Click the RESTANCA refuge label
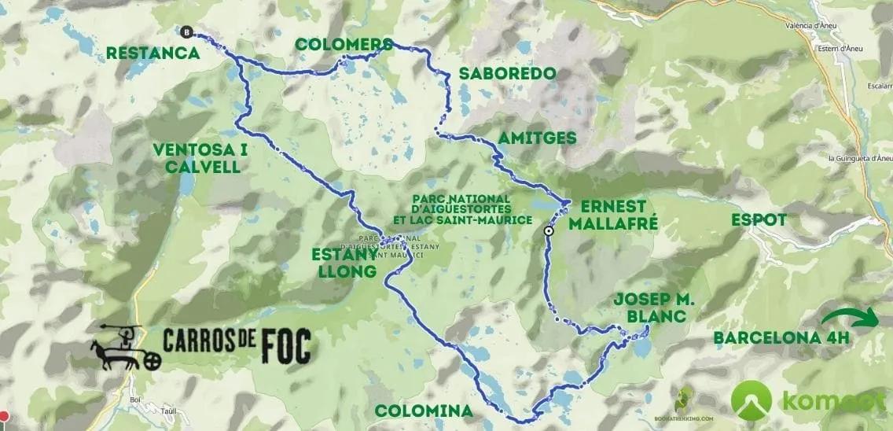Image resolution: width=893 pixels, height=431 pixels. (x=153, y=53)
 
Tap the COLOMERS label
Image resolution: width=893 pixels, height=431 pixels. (x=344, y=44)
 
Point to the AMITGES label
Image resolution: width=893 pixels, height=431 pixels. (x=537, y=138)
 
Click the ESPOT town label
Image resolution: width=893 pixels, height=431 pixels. (x=759, y=219)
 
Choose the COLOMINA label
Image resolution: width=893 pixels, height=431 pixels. (x=424, y=411)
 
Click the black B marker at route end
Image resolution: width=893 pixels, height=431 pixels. (x=186, y=32)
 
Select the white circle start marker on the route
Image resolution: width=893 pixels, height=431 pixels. (x=549, y=231)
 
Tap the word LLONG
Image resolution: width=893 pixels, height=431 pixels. (x=342, y=271)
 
